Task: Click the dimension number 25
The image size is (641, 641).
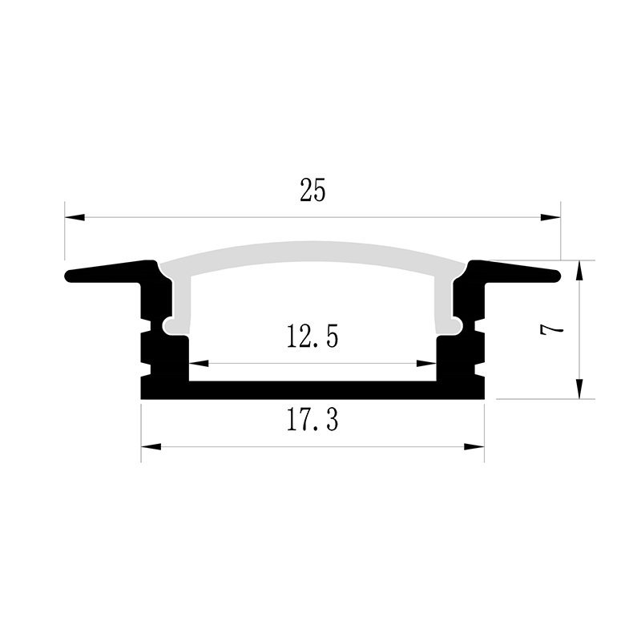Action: pyautogui.click(x=312, y=191)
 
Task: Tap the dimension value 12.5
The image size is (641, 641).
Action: pyautogui.click(x=312, y=336)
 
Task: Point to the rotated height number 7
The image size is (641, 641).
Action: pyautogui.click(x=551, y=329)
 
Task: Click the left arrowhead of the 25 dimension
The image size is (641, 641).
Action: pyautogui.click(x=75, y=217)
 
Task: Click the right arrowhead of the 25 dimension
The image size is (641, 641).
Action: pyautogui.click(x=550, y=217)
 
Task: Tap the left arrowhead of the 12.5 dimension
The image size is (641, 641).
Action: pyautogui.click(x=199, y=363)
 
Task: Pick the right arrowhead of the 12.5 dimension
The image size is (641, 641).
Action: pyautogui.click(x=426, y=363)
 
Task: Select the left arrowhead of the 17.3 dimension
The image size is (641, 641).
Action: pyautogui.click(x=151, y=446)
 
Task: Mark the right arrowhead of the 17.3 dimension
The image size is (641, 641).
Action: pyautogui.click(x=474, y=446)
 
